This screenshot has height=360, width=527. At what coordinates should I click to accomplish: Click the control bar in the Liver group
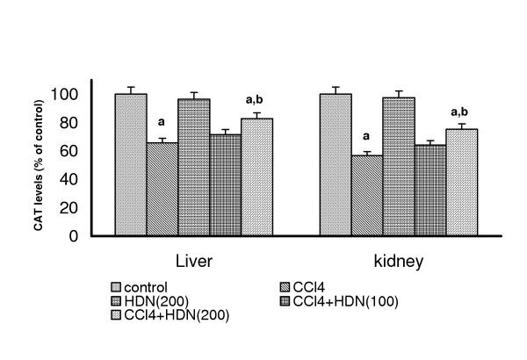(131, 165)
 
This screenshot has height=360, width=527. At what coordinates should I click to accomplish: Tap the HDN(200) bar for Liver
(194, 168)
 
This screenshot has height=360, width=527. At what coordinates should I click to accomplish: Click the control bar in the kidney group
(335, 165)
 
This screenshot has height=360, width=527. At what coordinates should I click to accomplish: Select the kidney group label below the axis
(398, 263)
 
